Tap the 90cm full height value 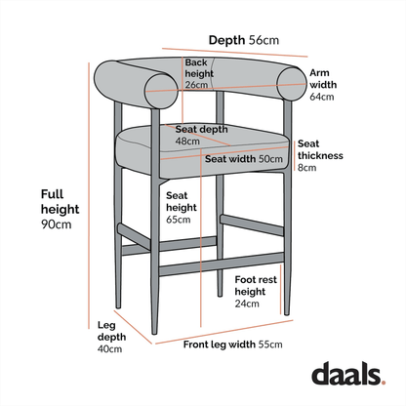(x=56, y=225)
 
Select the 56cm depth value (x=264, y=40)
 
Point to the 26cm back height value (x=196, y=85)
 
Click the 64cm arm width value (x=321, y=97)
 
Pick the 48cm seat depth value (x=188, y=141)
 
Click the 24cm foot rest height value (x=247, y=304)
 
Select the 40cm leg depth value (x=109, y=348)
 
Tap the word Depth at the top (x=226, y=40)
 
